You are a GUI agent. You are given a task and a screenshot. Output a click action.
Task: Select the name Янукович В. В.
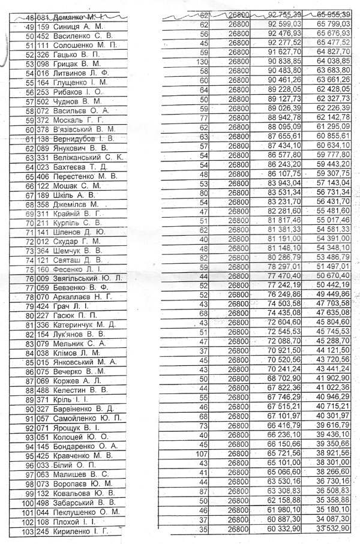[89, 147]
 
